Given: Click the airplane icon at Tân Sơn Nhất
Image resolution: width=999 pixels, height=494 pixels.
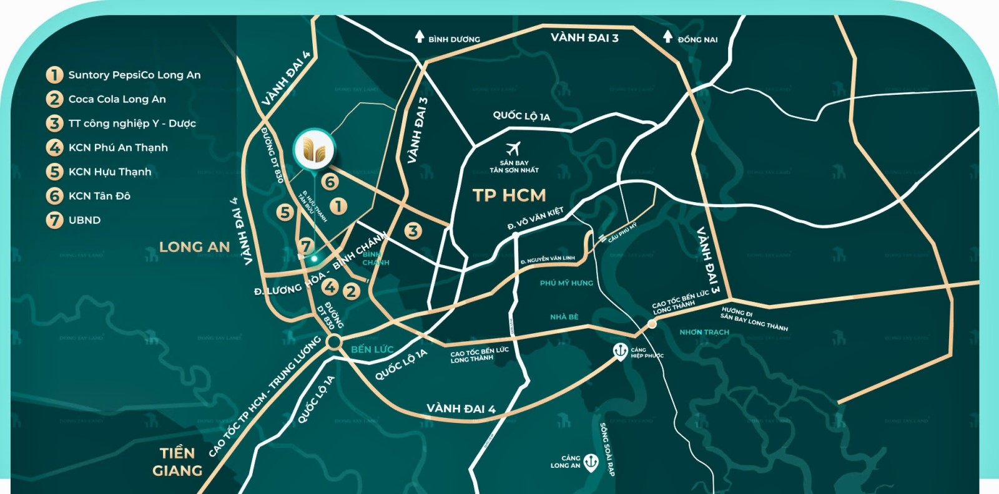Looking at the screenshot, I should pyautogui.click(x=513, y=149).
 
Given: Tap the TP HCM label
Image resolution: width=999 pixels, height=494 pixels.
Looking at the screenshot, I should pyautogui.click(x=509, y=196).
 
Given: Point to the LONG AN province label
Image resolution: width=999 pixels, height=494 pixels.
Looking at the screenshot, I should pyautogui.click(x=194, y=247).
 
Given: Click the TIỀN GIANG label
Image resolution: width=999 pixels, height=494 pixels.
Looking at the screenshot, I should pyautogui.click(x=177, y=462).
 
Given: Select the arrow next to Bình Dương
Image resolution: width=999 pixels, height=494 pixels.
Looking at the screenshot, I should pyautogui.click(x=420, y=37).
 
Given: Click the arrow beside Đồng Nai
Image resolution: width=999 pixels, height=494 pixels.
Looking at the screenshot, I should pyautogui.click(x=667, y=37).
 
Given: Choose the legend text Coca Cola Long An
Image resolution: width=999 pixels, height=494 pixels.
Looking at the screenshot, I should pyautogui.click(x=117, y=99).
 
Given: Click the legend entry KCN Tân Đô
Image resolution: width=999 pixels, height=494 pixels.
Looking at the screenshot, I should pyautogui.click(x=99, y=196).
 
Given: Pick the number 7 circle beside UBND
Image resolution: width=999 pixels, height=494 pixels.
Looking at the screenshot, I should pyautogui.click(x=55, y=220).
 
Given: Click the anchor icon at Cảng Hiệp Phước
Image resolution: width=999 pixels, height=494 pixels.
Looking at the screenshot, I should pyautogui.click(x=620, y=351).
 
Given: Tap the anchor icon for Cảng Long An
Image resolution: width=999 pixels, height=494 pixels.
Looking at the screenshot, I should pyautogui.click(x=591, y=462).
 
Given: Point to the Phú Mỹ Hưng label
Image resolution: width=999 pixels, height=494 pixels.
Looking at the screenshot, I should pyautogui.click(x=566, y=283).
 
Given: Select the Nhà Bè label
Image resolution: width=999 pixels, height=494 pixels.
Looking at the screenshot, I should pyautogui.click(x=564, y=317).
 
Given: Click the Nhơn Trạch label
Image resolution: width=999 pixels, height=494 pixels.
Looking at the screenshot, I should pyautogui.click(x=704, y=332).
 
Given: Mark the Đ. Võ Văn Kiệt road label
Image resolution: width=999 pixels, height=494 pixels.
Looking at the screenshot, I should pyautogui.click(x=535, y=218).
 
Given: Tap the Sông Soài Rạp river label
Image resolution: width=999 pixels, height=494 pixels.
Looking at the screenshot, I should pyautogui.click(x=607, y=449).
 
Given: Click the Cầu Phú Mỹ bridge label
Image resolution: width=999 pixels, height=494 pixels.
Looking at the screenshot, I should pyautogui.click(x=623, y=233).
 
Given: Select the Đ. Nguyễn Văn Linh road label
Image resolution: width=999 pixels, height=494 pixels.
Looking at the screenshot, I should pyautogui.click(x=548, y=259).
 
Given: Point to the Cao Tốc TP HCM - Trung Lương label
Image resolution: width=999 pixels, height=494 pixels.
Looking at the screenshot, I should pyautogui.click(x=265, y=395).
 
